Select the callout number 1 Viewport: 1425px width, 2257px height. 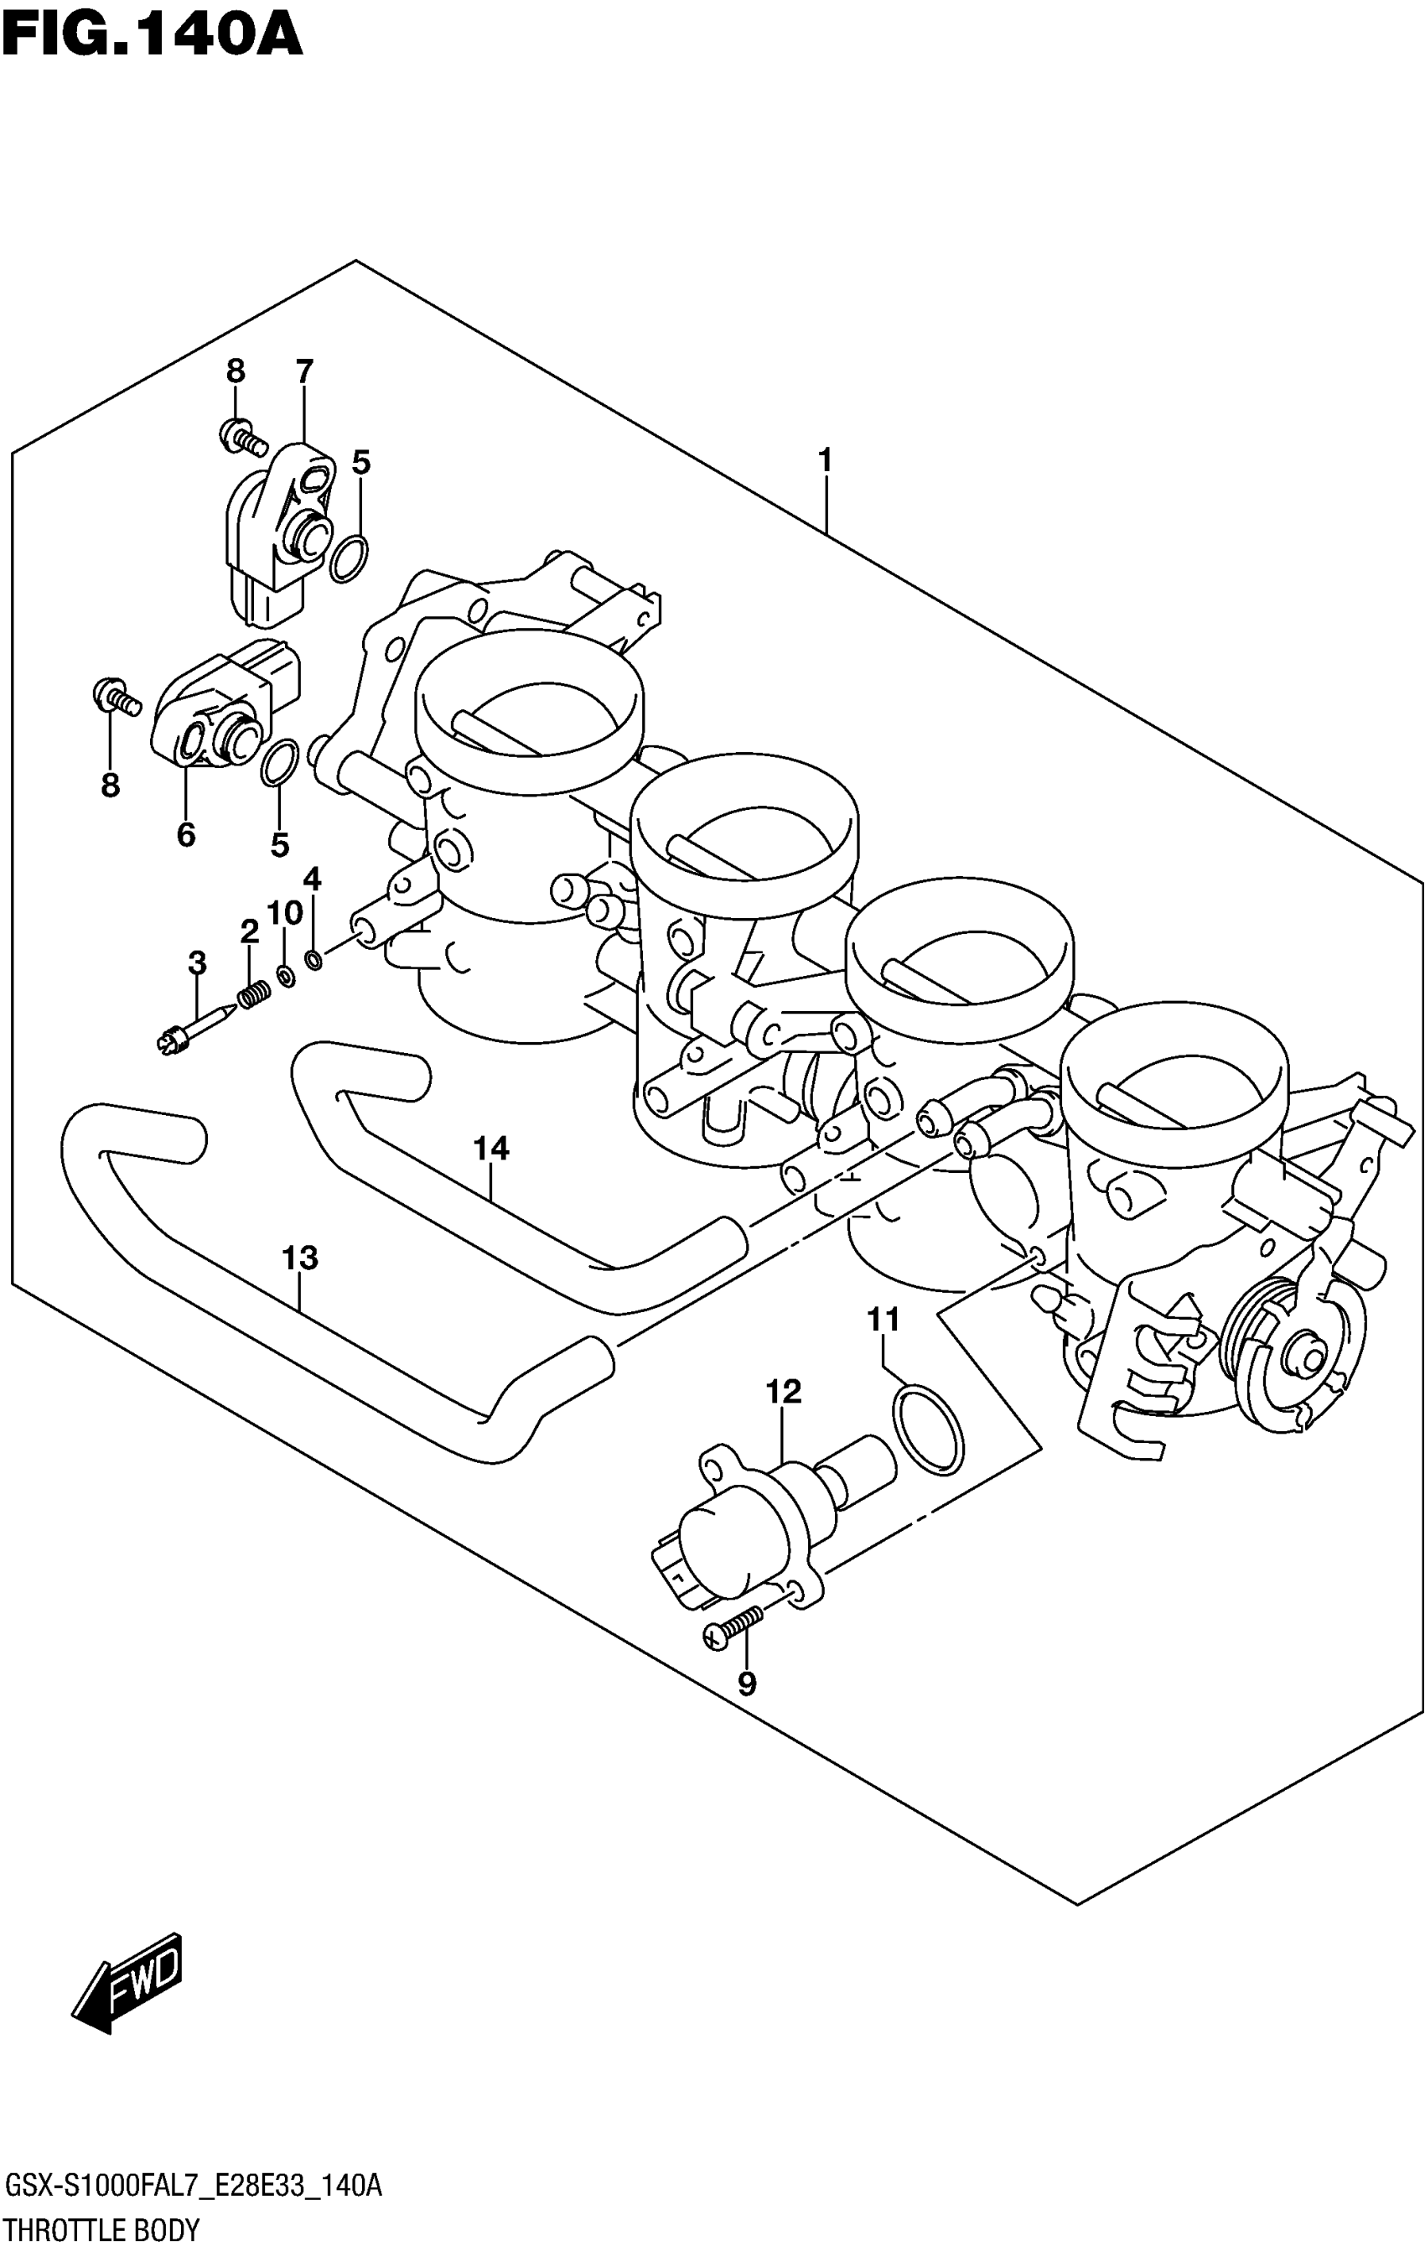tap(825, 461)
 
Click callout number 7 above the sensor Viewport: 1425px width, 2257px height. tap(303, 373)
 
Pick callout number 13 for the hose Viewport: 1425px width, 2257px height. tap(300, 1258)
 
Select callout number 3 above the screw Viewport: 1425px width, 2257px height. tap(197, 962)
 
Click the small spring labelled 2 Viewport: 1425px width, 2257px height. tap(252, 994)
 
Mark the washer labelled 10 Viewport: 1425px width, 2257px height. tap(286, 978)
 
